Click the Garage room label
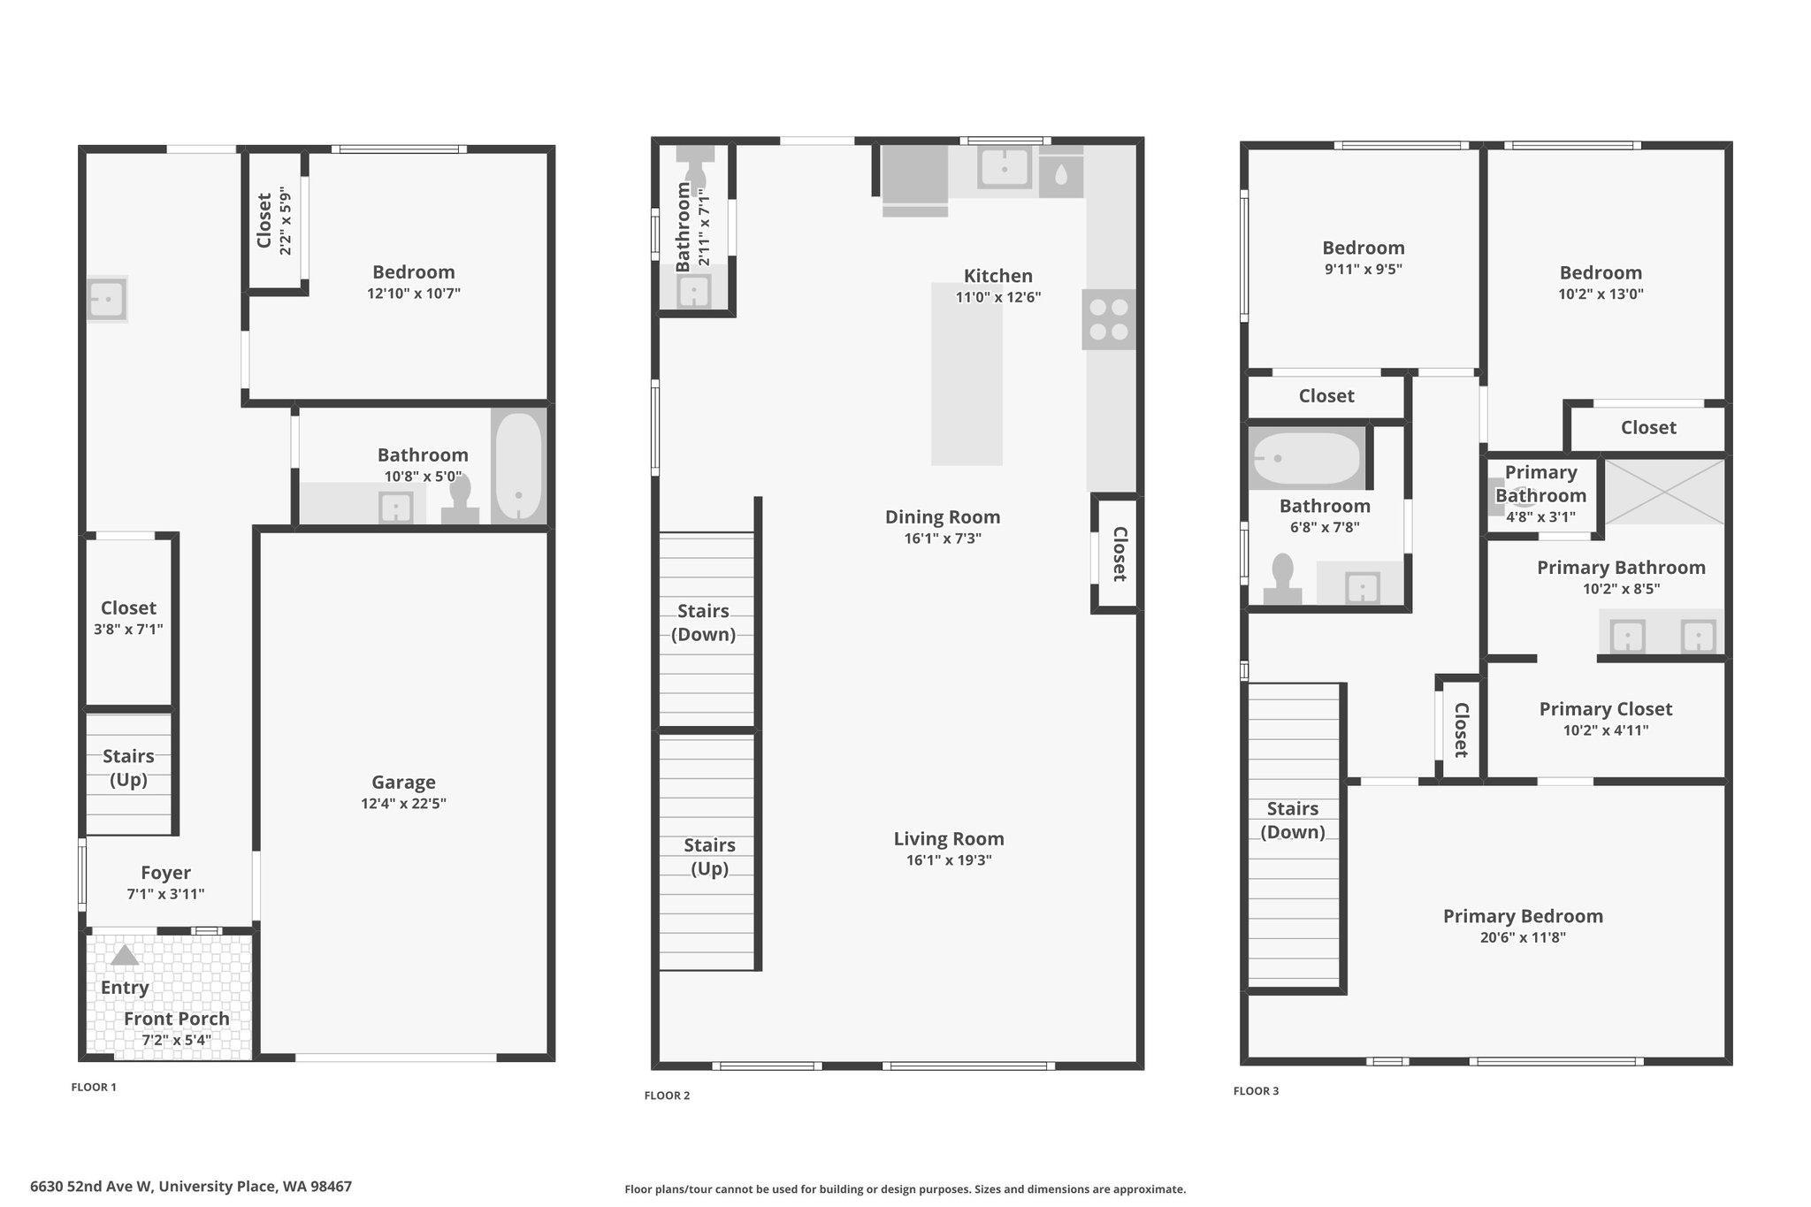pyautogui.click(x=403, y=782)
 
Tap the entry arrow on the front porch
pyautogui.click(x=125, y=955)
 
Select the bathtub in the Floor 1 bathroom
pyautogui.click(x=518, y=467)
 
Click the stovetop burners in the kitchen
pyautogui.click(x=1109, y=319)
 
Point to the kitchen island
pyautogui.click(x=967, y=374)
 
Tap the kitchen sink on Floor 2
pyautogui.click(x=1005, y=168)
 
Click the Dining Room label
pyautogui.click(x=943, y=516)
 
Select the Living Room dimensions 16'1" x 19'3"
pyautogui.click(x=949, y=860)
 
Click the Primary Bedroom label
pyautogui.click(x=1523, y=916)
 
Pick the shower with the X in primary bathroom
pyautogui.click(x=1665, y=492)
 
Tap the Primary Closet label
pyautogui.click(x=1606, y=709)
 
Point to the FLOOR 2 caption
pyautogui.click(x=667, y=1096)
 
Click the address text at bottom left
pyautogui.click(x=191, y=1187)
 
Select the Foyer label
pyautogui.click(x=165, y=873)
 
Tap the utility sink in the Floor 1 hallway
pyautogui.click(x=107, y=299)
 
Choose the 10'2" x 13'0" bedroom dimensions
pyautogui.click(x=1601, y=294)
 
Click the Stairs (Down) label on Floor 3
pyautogui.click(x=1293, y=820)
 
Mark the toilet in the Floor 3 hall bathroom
pyautogui.click(x=1282, y=580)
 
